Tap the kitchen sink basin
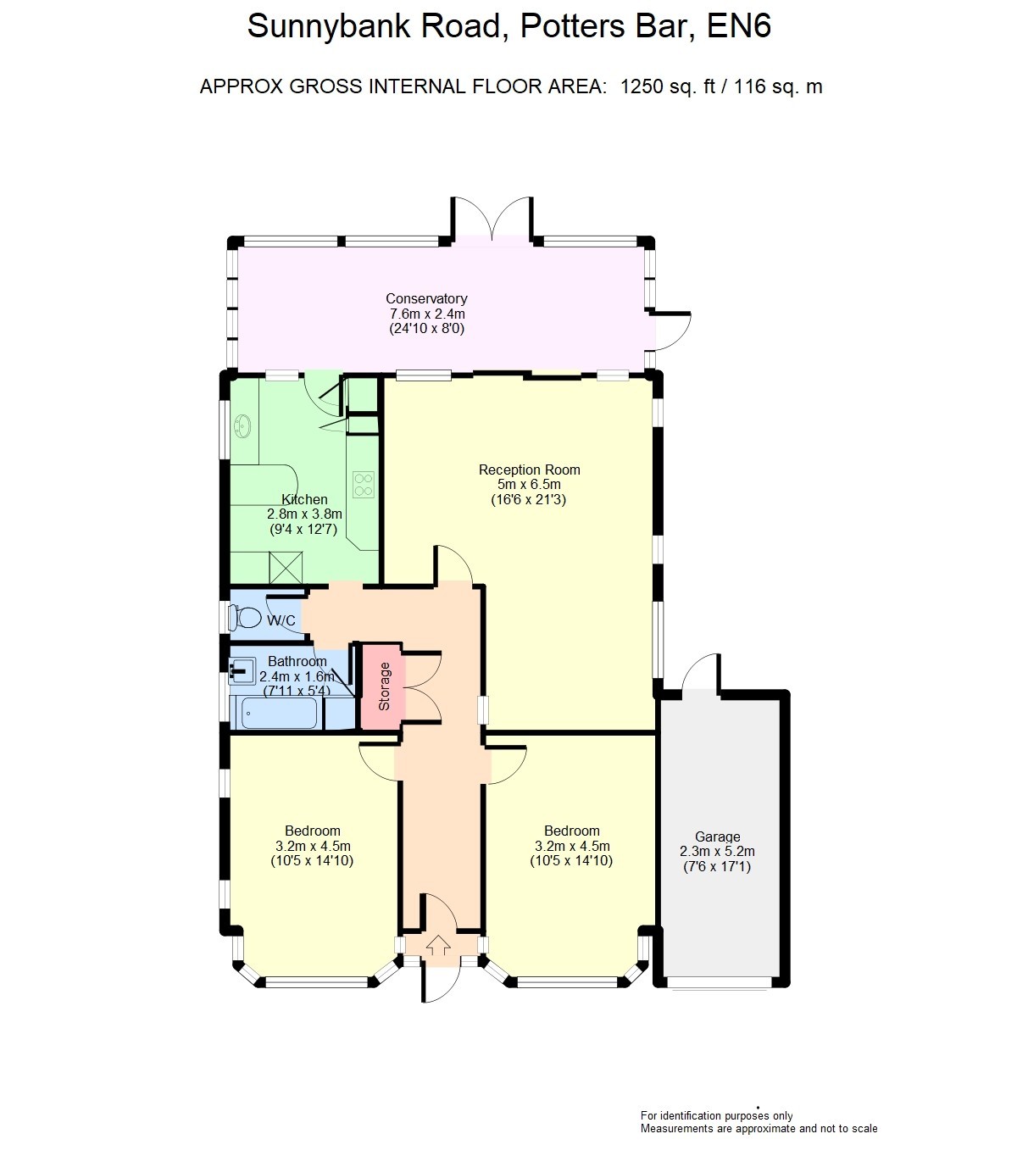coord(243,426)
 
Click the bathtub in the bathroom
coord(280,712)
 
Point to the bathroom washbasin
coord(242,670)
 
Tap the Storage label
coord(384,686)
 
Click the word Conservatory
coord(426,298)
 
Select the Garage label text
coord(717,836)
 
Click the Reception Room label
coord(529,470)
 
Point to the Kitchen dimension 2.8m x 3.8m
coord(305,514)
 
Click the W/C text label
coord(281,620)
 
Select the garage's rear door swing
coord(702,672)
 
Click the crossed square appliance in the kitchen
coord(286,568)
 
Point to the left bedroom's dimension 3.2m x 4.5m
coord(313,846)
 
